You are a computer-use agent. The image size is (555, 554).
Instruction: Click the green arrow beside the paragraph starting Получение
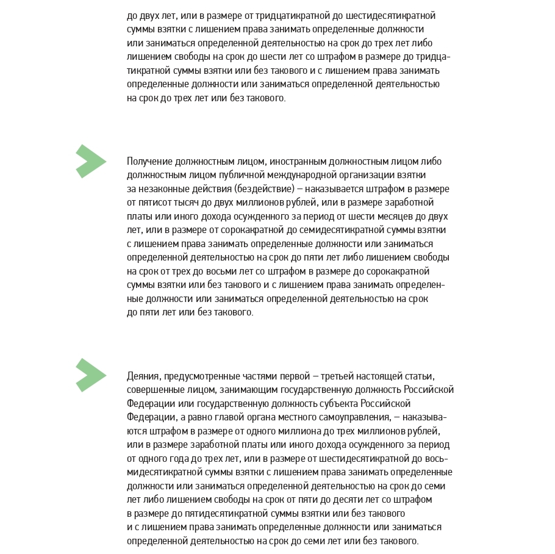click(90, 162)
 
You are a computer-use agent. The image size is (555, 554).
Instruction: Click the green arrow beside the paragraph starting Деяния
click(90, 375)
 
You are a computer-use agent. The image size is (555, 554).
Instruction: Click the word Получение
click(149, 162)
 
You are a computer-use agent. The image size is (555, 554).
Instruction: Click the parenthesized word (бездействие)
click(264, 189)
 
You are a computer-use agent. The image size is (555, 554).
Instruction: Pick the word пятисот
click(153, 203)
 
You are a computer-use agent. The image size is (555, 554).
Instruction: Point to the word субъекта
click(339, 403)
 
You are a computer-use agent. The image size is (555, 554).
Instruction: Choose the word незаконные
click(163, 189)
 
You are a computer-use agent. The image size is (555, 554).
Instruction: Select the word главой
click(224, 417)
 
